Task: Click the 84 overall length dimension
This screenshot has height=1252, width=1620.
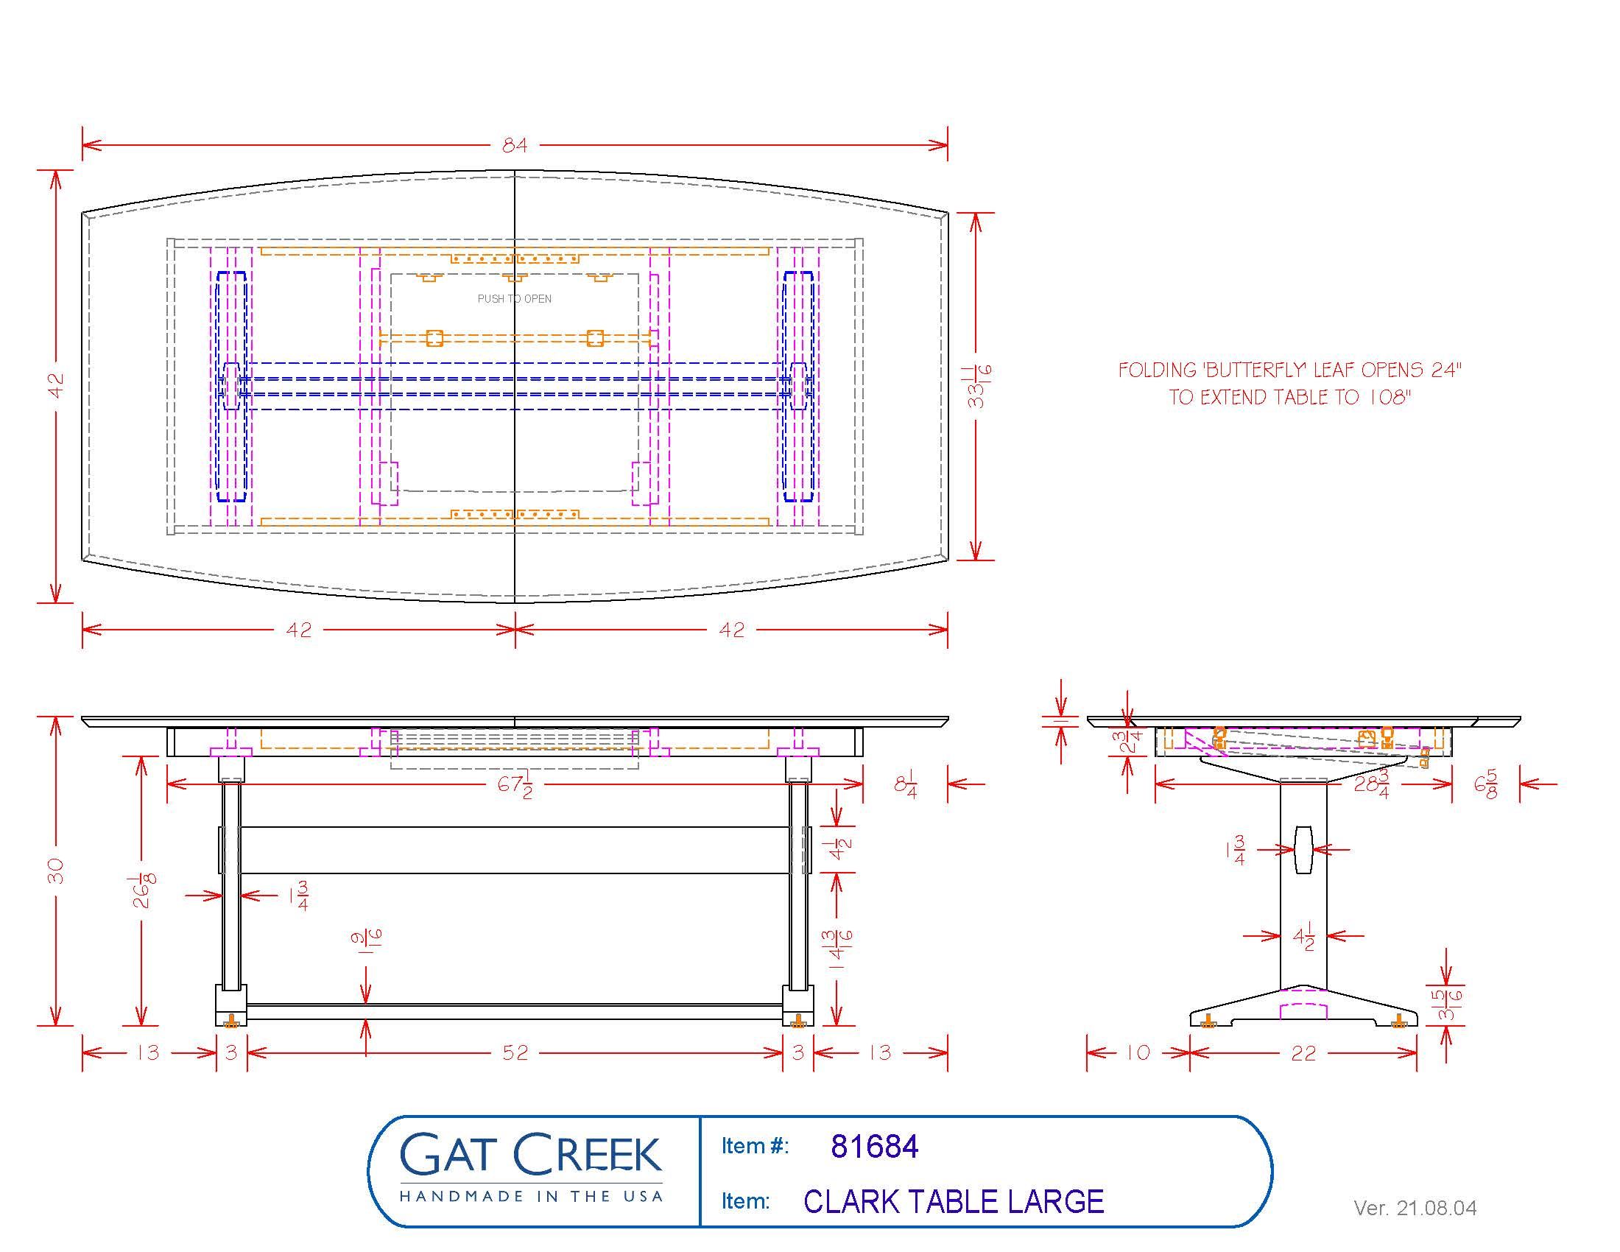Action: click(x=515, y=145)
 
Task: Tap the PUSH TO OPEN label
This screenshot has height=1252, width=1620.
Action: click(x=514, y=299)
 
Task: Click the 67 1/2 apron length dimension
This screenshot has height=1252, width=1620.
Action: click(x=515, y=785)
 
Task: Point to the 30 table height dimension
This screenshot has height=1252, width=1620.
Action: click(x=56, y=871)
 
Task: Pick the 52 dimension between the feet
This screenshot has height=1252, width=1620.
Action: click(x=515, y=1052)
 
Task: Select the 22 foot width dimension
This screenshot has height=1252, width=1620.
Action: click(x=1303, y=1053)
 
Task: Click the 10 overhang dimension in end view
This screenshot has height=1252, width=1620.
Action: click(x=1138, y=1052)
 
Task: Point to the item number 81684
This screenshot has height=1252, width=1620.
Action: click(x=875, y=1146)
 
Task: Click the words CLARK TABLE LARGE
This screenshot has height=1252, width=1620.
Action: click(x=954, y=1202)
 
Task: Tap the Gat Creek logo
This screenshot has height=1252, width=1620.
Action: click(x=531, y=1166)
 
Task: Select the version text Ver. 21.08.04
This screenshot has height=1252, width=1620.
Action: click(x=1415, y=1209)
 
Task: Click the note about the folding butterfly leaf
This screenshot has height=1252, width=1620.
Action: click(x=1289, y=384)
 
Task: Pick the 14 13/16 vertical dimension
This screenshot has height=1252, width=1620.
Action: click(x=841, y=950)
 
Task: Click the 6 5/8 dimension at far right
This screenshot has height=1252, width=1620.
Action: click(x=1486, y=784)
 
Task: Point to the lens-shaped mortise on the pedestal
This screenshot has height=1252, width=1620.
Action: click(x=1303, y=849)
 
